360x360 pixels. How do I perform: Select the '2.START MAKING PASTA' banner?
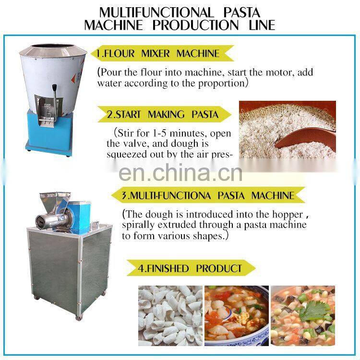pos(162,115)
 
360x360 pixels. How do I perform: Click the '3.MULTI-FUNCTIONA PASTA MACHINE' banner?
pos(209,195)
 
